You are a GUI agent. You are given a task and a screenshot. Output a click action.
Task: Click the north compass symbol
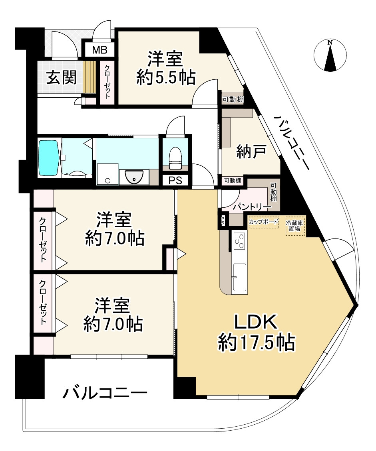330,55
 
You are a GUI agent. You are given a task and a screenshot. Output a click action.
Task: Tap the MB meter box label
99,50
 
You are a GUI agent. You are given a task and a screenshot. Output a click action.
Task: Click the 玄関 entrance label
62,77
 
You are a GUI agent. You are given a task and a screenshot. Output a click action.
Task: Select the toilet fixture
175,158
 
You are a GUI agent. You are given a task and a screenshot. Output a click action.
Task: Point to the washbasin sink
134,177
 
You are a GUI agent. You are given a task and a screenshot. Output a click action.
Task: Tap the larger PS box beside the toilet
175,180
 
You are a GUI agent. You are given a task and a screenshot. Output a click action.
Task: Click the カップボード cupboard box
264,222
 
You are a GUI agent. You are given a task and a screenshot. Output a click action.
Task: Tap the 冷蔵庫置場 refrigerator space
295,226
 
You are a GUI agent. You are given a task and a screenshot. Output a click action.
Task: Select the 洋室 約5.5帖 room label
166,68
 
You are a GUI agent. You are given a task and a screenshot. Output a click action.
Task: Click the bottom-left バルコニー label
105,393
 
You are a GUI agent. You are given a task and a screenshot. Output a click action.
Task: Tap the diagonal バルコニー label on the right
292,142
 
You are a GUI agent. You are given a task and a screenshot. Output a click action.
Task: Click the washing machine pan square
107,174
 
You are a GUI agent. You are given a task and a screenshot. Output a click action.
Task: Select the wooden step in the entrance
89,77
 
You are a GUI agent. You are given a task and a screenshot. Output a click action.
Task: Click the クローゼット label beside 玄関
107,82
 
